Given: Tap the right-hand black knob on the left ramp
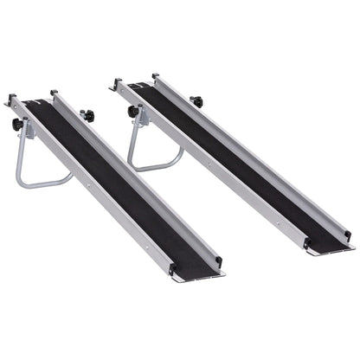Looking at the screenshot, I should (86, 114).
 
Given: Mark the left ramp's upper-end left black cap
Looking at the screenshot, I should (12, 99).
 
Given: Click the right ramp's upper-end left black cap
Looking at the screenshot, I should (115, 83).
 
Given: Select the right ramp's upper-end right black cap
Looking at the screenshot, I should (155, 77).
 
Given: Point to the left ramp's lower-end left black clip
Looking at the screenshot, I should (170, 270).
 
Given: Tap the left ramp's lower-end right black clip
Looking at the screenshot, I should (219, 260).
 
